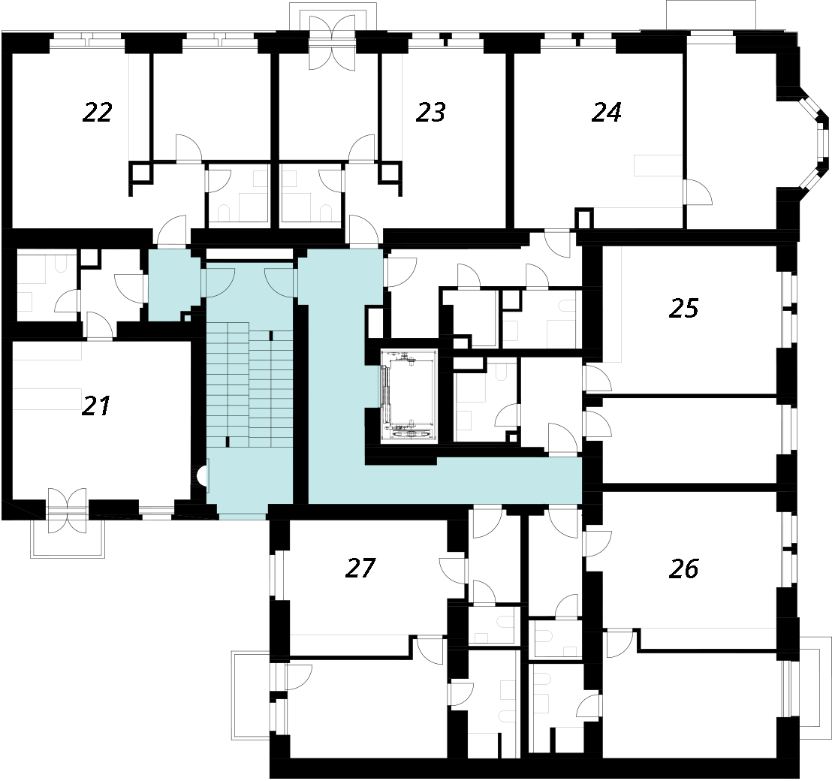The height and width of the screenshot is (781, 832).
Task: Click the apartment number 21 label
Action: (96, 406)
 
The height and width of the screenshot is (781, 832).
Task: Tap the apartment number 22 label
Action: (98, 112)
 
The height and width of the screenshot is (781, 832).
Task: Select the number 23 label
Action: (431, 112)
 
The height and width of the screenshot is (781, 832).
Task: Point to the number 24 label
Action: (607, 112)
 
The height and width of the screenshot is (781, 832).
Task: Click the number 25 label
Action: (684, 308)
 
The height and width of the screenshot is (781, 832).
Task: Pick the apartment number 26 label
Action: (684, 568)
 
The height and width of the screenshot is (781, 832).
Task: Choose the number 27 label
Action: (360, 568)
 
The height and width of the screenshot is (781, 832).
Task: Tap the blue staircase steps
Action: (249, 384)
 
